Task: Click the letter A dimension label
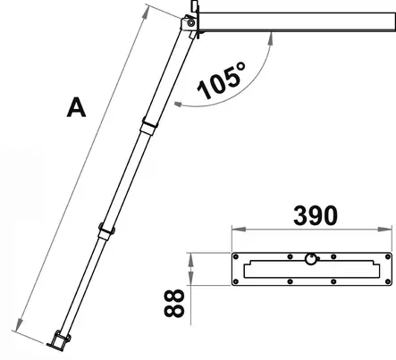[77, 108]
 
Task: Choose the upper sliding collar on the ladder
[144, 123]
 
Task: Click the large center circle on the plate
[310, 260]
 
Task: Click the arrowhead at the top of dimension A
[148, 8]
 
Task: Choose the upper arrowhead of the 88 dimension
[190, 255]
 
